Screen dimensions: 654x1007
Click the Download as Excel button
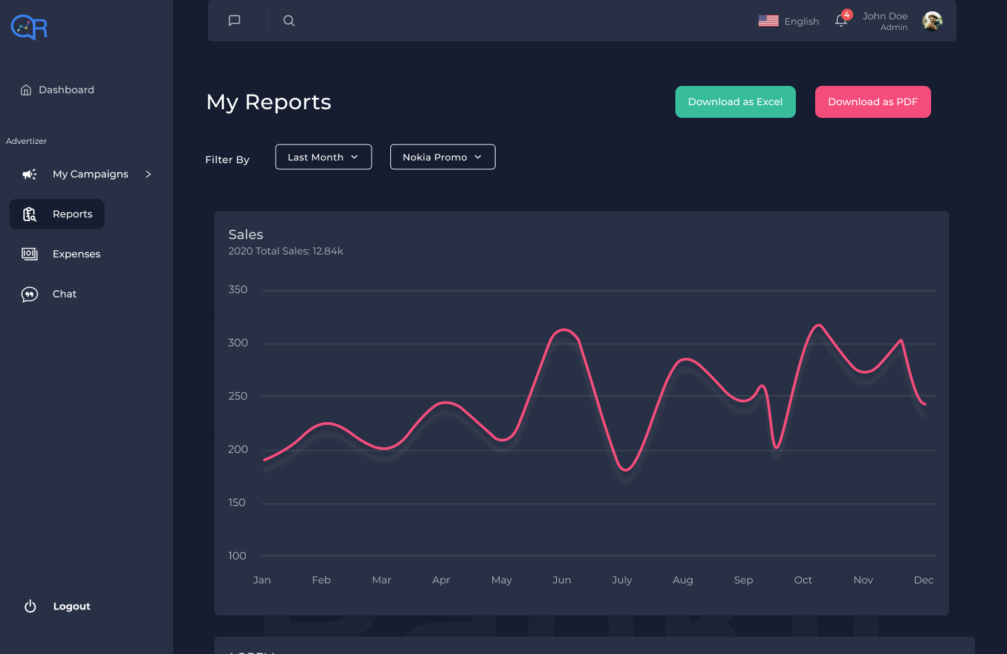pyautogui.click(x=735, y=102)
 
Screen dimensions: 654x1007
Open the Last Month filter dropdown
pyautogui.click(x=323, y=157)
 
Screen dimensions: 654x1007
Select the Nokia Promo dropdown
pyautogui.click(x=442, y=157)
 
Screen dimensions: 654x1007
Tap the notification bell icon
pyautogui.click(x=841, y=21)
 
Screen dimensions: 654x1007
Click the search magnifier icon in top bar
pyautogui.click(x=289, y=21)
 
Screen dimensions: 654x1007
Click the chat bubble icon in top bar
pyautogui.click(x=234, y=21)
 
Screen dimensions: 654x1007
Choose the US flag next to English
pyautogui.click(x=769, y=21)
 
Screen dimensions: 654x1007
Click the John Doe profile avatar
pyautogui.click(x=932, y=21)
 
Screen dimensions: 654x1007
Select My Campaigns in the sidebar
pyautogui.click(x=90, y=174)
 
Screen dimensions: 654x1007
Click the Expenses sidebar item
pyautogui.click(x=76, y=254)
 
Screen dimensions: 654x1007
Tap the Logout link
pyautogui.click(x=71, y=606)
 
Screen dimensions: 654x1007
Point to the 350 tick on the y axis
pyautogui.click(x=238, y=290)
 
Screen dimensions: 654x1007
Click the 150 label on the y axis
pyautogui.click(x=237, y=503)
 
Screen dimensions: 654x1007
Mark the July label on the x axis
pyautogui.click(x=622, y=580)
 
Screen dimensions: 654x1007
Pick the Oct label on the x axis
pyautogui.click(x=803, y=580)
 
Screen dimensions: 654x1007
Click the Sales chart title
pyautogui.click(x=246, y=234)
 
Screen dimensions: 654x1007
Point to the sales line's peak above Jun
pyautogui.click(x=564, y=330)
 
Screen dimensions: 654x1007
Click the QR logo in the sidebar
pyautogui.click(x=29, y=27)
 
